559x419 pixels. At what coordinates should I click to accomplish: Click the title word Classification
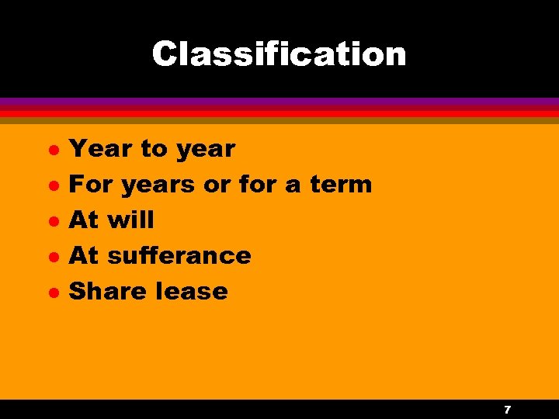[x=279, y=54]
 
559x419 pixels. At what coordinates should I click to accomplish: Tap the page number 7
[x=507, y=409]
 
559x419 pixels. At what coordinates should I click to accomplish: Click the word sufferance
[x=179, y=255]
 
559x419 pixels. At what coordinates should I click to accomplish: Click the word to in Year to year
[x=155, y=148]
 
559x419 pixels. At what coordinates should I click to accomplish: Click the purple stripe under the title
[x=279, y=102]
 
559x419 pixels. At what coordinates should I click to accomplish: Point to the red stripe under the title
[x=279, y=113]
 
